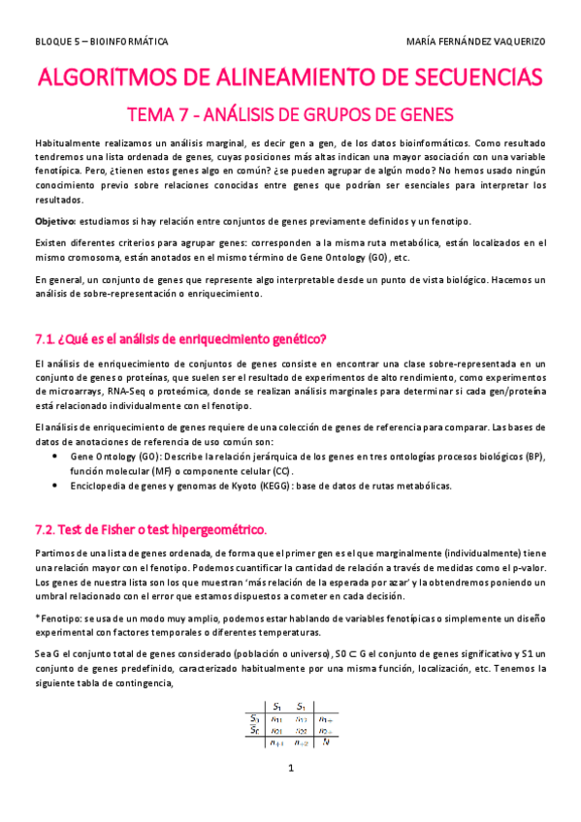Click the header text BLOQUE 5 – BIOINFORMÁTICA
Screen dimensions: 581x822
(x=101, y=43)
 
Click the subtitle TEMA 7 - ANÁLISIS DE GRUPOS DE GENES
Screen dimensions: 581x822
(x=291, y=115)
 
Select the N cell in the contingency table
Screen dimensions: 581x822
(x=327, y=743)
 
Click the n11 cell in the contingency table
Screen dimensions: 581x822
(x=277, y=718)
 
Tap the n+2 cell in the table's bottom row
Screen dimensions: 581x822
(x=302, y=743)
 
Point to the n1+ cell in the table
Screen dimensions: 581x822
(x=327, y=718)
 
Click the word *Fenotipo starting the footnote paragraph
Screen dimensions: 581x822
(x=57, y=616)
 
